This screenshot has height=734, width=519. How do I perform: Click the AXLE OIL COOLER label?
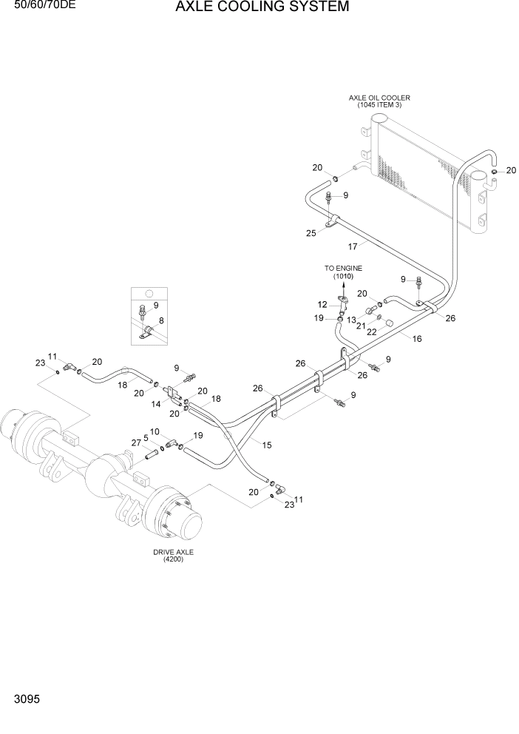point(379,98)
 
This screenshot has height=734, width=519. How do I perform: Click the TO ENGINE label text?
point(343,268)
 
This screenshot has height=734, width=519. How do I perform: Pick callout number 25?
point(311,233)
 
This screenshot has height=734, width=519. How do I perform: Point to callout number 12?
point(322,304)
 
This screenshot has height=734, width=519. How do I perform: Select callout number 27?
point(135,442)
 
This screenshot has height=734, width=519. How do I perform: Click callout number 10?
point(155,431)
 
